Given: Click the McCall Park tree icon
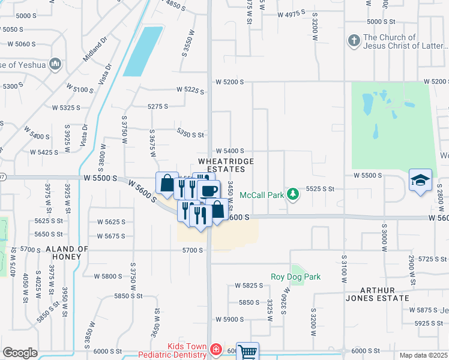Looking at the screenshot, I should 292,194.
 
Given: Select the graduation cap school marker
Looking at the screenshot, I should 420,180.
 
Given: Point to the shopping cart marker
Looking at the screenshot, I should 247,352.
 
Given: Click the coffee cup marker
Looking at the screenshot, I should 208,191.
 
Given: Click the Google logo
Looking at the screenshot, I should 20,353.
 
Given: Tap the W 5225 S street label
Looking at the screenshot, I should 190,90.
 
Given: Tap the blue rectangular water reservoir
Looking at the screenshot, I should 143,52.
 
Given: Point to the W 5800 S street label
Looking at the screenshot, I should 108,276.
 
